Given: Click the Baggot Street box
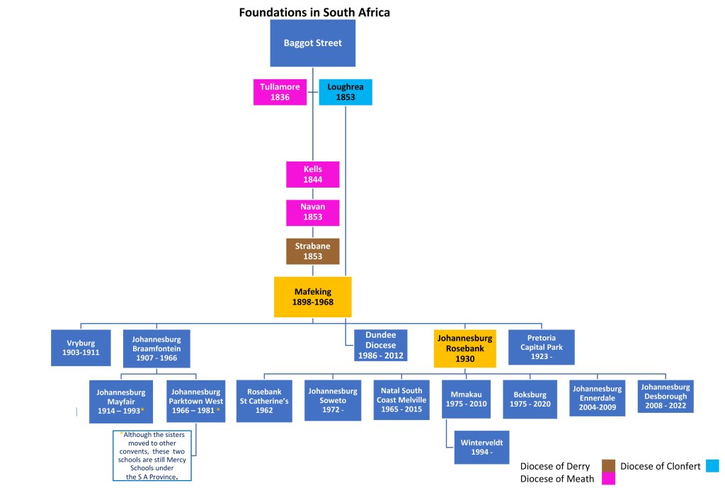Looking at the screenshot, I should tap(312, 43).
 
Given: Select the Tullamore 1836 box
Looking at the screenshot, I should tap(280, 92).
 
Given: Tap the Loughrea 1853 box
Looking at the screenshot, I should tap(345, 92).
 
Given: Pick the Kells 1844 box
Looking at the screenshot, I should tap(312, 175).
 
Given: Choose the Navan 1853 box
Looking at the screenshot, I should tap(312, 212).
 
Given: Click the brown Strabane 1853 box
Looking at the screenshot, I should tap(312, 251).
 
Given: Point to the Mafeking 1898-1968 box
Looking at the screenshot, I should tap(312, 297).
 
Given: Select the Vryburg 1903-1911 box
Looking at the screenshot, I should tap(81, 347).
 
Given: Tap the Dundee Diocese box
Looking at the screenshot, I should tap(380, 345).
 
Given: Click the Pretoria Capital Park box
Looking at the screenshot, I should tap(541, 347).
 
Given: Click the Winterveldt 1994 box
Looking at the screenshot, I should tap(481, 446).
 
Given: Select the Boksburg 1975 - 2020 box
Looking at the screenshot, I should tap(530, 399).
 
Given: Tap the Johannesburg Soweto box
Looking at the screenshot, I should tap(332, 401).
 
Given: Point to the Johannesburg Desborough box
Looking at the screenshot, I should tap(666, 397).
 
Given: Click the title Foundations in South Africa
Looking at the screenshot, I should tap(314, 12).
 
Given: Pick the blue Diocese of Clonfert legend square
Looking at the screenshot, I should tap(712, 465).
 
